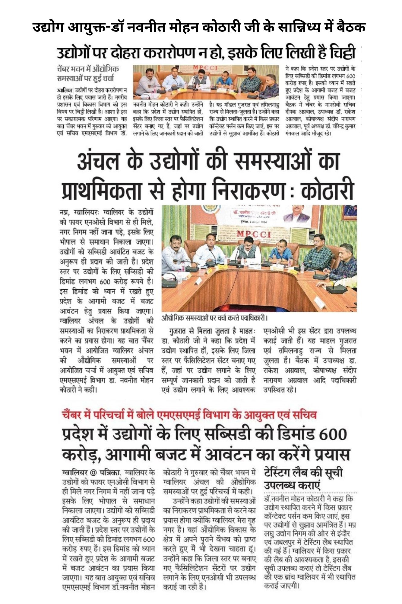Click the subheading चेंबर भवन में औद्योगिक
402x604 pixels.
click(88, 69)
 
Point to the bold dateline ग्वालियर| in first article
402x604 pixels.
click(65, 90)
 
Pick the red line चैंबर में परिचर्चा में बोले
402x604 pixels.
click(189, 415)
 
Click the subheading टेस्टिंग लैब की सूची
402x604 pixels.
click(303, 473)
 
